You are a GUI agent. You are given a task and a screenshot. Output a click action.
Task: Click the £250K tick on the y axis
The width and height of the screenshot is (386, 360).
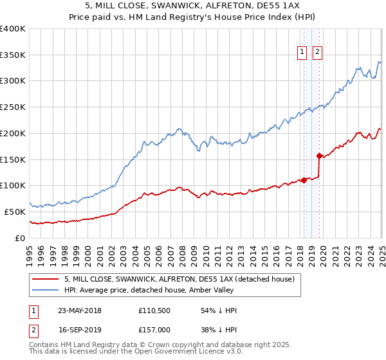pyautogui.click(x=13, y=107)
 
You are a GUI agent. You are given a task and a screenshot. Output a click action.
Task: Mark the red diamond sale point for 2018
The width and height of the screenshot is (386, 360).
pyautogui.click(x=304, y=180)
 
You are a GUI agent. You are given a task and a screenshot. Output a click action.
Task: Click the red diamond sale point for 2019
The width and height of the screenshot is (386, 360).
pyautogui.click(x=319, y=156)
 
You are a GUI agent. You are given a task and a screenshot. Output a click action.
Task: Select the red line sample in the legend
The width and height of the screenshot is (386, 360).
pyautogui.click(x=46, y=279)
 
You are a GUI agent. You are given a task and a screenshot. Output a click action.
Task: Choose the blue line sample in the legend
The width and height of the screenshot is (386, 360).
pyautogui.click(x=46, y=290)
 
